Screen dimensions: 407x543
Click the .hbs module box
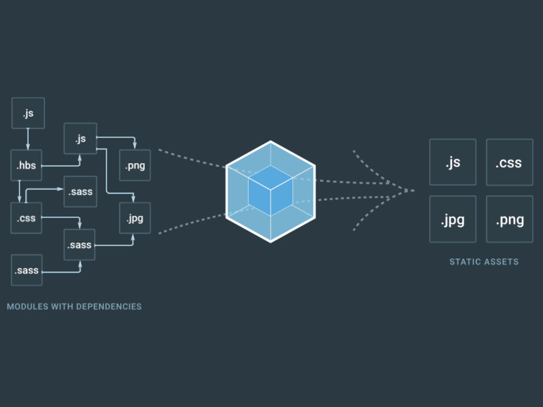point(27,165)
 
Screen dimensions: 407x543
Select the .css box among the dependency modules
point(27,218)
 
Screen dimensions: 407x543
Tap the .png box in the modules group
point(135,165)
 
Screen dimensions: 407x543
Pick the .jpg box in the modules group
point(135,218)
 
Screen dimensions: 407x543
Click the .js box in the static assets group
point(452,162)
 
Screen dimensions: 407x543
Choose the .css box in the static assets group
point(509,162)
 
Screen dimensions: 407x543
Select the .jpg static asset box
point(452,219)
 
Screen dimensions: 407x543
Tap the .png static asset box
point(509,219)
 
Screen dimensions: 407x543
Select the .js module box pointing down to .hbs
point(28,113)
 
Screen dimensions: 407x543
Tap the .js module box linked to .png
point(80,138)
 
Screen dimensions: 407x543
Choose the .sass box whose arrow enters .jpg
point(80,245)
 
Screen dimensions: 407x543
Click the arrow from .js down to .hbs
point(28,139)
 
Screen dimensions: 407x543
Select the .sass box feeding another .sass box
point(27,270)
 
